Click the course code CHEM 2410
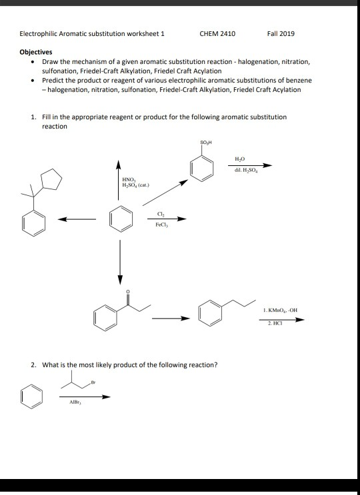217,33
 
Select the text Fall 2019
280,33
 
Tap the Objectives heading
36,51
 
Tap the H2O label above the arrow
241,159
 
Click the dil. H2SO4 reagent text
241,171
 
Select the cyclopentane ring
51,180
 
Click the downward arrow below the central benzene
121,260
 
